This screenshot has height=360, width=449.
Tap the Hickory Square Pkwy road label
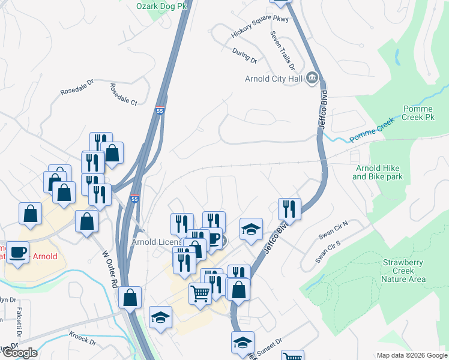pos(260,28)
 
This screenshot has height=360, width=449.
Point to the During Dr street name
pos(245,57)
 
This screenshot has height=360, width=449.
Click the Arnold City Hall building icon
pos(312,78)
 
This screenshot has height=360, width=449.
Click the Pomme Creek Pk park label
pos(418,113)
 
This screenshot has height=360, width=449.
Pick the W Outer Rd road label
pos(109,270)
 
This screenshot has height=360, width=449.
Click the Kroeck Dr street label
pos(82,338)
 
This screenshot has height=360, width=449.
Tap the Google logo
pos(19,352)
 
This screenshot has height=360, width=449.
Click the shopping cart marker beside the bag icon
pos(200,293)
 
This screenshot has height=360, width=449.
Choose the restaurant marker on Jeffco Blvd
pos(290,209)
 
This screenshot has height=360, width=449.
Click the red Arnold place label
pos(45,256)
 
